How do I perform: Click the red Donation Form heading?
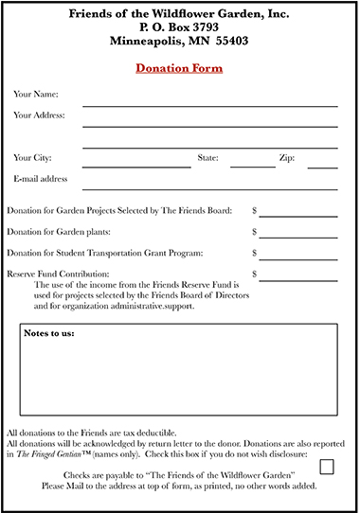(x=178, y=69)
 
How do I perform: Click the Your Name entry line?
(x=210, y=105)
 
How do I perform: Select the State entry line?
(x=253, y=167)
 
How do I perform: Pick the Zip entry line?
(x=322, y=167)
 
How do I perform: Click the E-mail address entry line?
(x=210, y=188)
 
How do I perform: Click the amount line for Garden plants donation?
(x=298, y=237)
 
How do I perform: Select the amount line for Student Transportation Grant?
(x=298, y=258)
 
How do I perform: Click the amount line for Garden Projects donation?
(x=298, y=216)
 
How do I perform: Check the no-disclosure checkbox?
(x=328, y=466)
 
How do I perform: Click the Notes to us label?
(x=49, y=334)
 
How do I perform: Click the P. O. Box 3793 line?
(x=179, y=27)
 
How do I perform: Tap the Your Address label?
(x=39, y=115)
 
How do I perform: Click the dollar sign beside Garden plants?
(x=254, y=232)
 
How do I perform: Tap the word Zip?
(x=286, y=157)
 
